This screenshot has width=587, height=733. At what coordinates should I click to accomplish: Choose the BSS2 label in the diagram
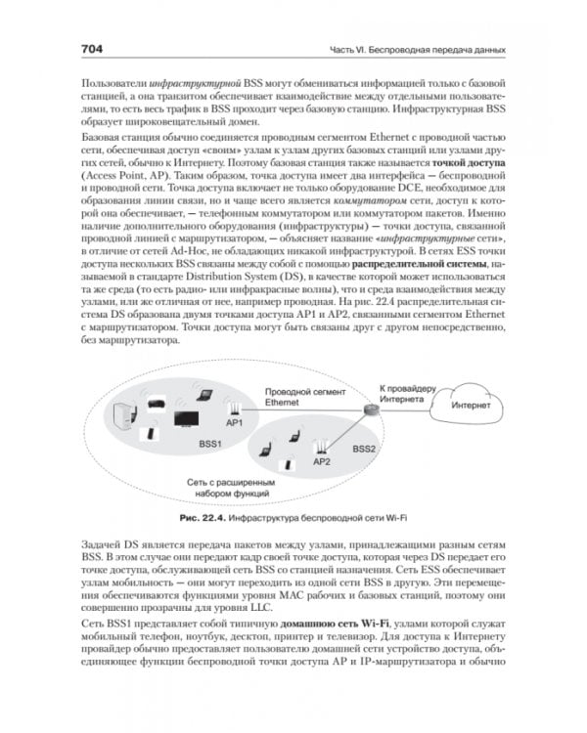[364, 449]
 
